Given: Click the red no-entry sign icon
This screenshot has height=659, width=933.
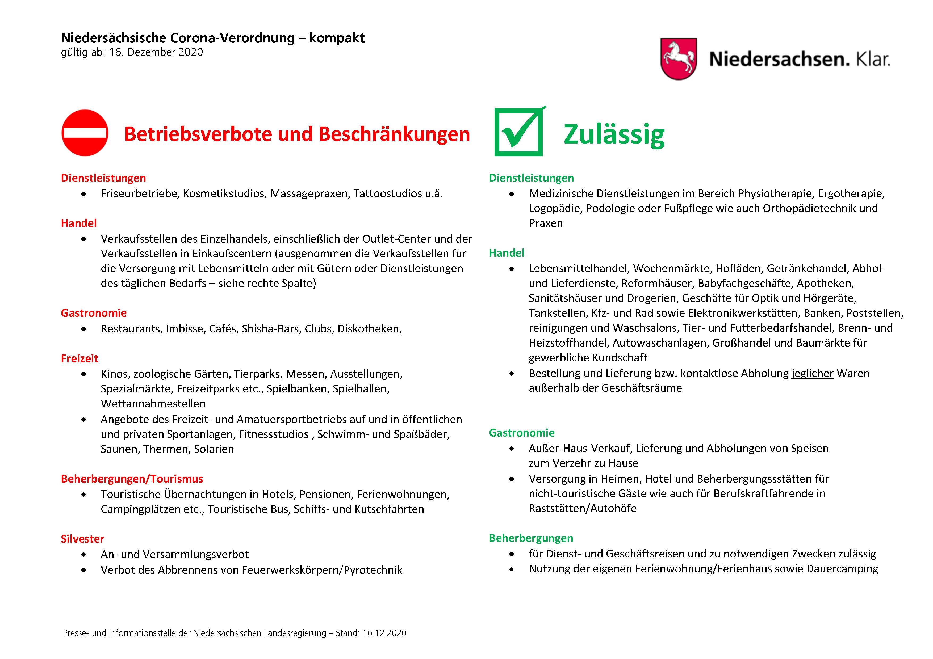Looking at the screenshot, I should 85,133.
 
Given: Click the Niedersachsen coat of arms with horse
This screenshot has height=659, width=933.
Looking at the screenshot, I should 678,59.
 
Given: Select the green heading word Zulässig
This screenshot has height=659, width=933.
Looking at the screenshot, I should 614,134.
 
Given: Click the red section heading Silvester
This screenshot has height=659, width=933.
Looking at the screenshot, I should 82,539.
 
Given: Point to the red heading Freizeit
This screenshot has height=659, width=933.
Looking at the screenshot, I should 80,358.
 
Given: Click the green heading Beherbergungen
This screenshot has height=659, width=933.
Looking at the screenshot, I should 531,538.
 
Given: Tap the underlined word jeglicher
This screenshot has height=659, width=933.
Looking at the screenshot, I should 812,373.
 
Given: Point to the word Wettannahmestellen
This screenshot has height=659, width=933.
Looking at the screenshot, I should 153,404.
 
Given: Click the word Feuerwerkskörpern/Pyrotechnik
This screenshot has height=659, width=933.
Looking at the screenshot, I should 322,570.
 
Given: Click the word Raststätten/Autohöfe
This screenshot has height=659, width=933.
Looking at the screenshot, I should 582,508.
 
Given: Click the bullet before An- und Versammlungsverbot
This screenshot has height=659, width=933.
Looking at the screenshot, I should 84,555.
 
